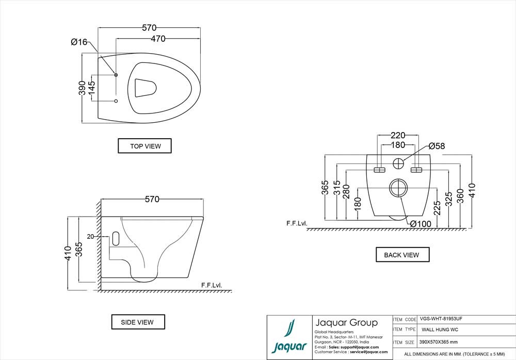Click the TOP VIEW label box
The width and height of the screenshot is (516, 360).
click(144, 146)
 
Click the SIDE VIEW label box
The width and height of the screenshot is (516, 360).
click(137, 322)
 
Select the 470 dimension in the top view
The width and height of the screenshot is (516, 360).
click(161, 39)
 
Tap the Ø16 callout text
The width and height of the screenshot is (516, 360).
click(79, 42)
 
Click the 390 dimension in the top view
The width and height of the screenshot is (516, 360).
click(82, 88)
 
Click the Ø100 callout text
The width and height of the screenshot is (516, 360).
click(421, 223)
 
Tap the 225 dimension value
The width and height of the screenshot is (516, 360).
click(437, 208)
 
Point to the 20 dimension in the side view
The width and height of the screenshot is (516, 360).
click(90, 237)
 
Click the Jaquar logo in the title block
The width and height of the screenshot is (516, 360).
click(289, 338)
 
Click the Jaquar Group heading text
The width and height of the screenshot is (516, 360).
click(346, 323)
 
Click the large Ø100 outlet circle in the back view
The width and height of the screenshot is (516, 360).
click(398, 188)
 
